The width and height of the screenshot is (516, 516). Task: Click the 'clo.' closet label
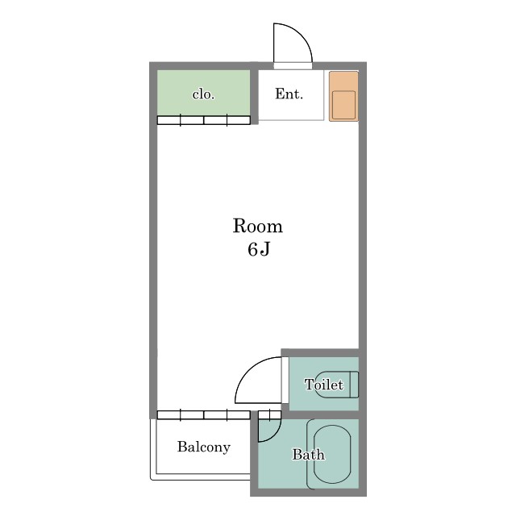click(203, 95)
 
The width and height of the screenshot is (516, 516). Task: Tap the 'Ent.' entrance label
click(289, 94)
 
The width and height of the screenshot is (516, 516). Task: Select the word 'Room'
click(258, 226)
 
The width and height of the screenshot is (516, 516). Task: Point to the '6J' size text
click(259, 249)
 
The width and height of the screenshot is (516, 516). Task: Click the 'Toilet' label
click(324, 385)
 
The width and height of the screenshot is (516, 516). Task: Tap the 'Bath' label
click(308, 455)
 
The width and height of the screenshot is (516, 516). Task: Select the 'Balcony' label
click(204, 447)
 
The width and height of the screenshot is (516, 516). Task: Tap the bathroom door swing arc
click(276, 435)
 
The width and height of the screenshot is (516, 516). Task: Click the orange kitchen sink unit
click(343, 96)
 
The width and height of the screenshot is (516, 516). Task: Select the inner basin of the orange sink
click(343, 105)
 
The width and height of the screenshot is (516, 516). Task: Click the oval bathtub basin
click(332, 454)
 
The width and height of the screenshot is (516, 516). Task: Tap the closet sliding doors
click(204, 120)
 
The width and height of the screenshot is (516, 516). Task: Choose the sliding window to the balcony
click(204, 414)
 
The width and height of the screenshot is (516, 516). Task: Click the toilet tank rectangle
click(354, 385)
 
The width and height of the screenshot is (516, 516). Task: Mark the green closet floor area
click(203, 93)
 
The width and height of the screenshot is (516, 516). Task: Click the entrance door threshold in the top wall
click(293, 66)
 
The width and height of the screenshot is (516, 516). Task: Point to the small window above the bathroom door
click(269, 414)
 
